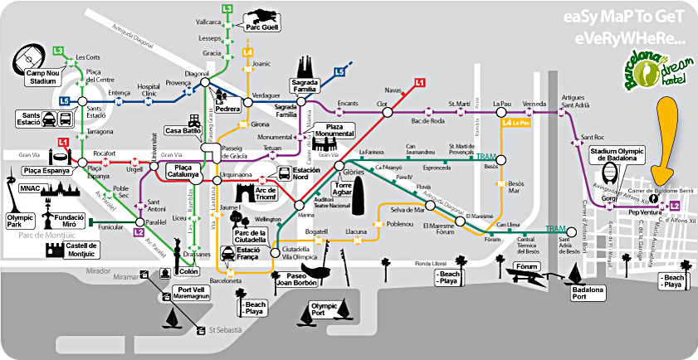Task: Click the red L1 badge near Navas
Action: coord(420,82)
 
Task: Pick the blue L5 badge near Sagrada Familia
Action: coord(339,72)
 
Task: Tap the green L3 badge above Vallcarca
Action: coord(227,8)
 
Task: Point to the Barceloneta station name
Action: coord(227,280)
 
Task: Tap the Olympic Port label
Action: coord(324,309)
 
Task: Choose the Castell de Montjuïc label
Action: coord(81,250)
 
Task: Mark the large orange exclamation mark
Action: coord(666,141)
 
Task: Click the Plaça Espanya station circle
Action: coord(82,162)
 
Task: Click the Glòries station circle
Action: coord(339,165)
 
